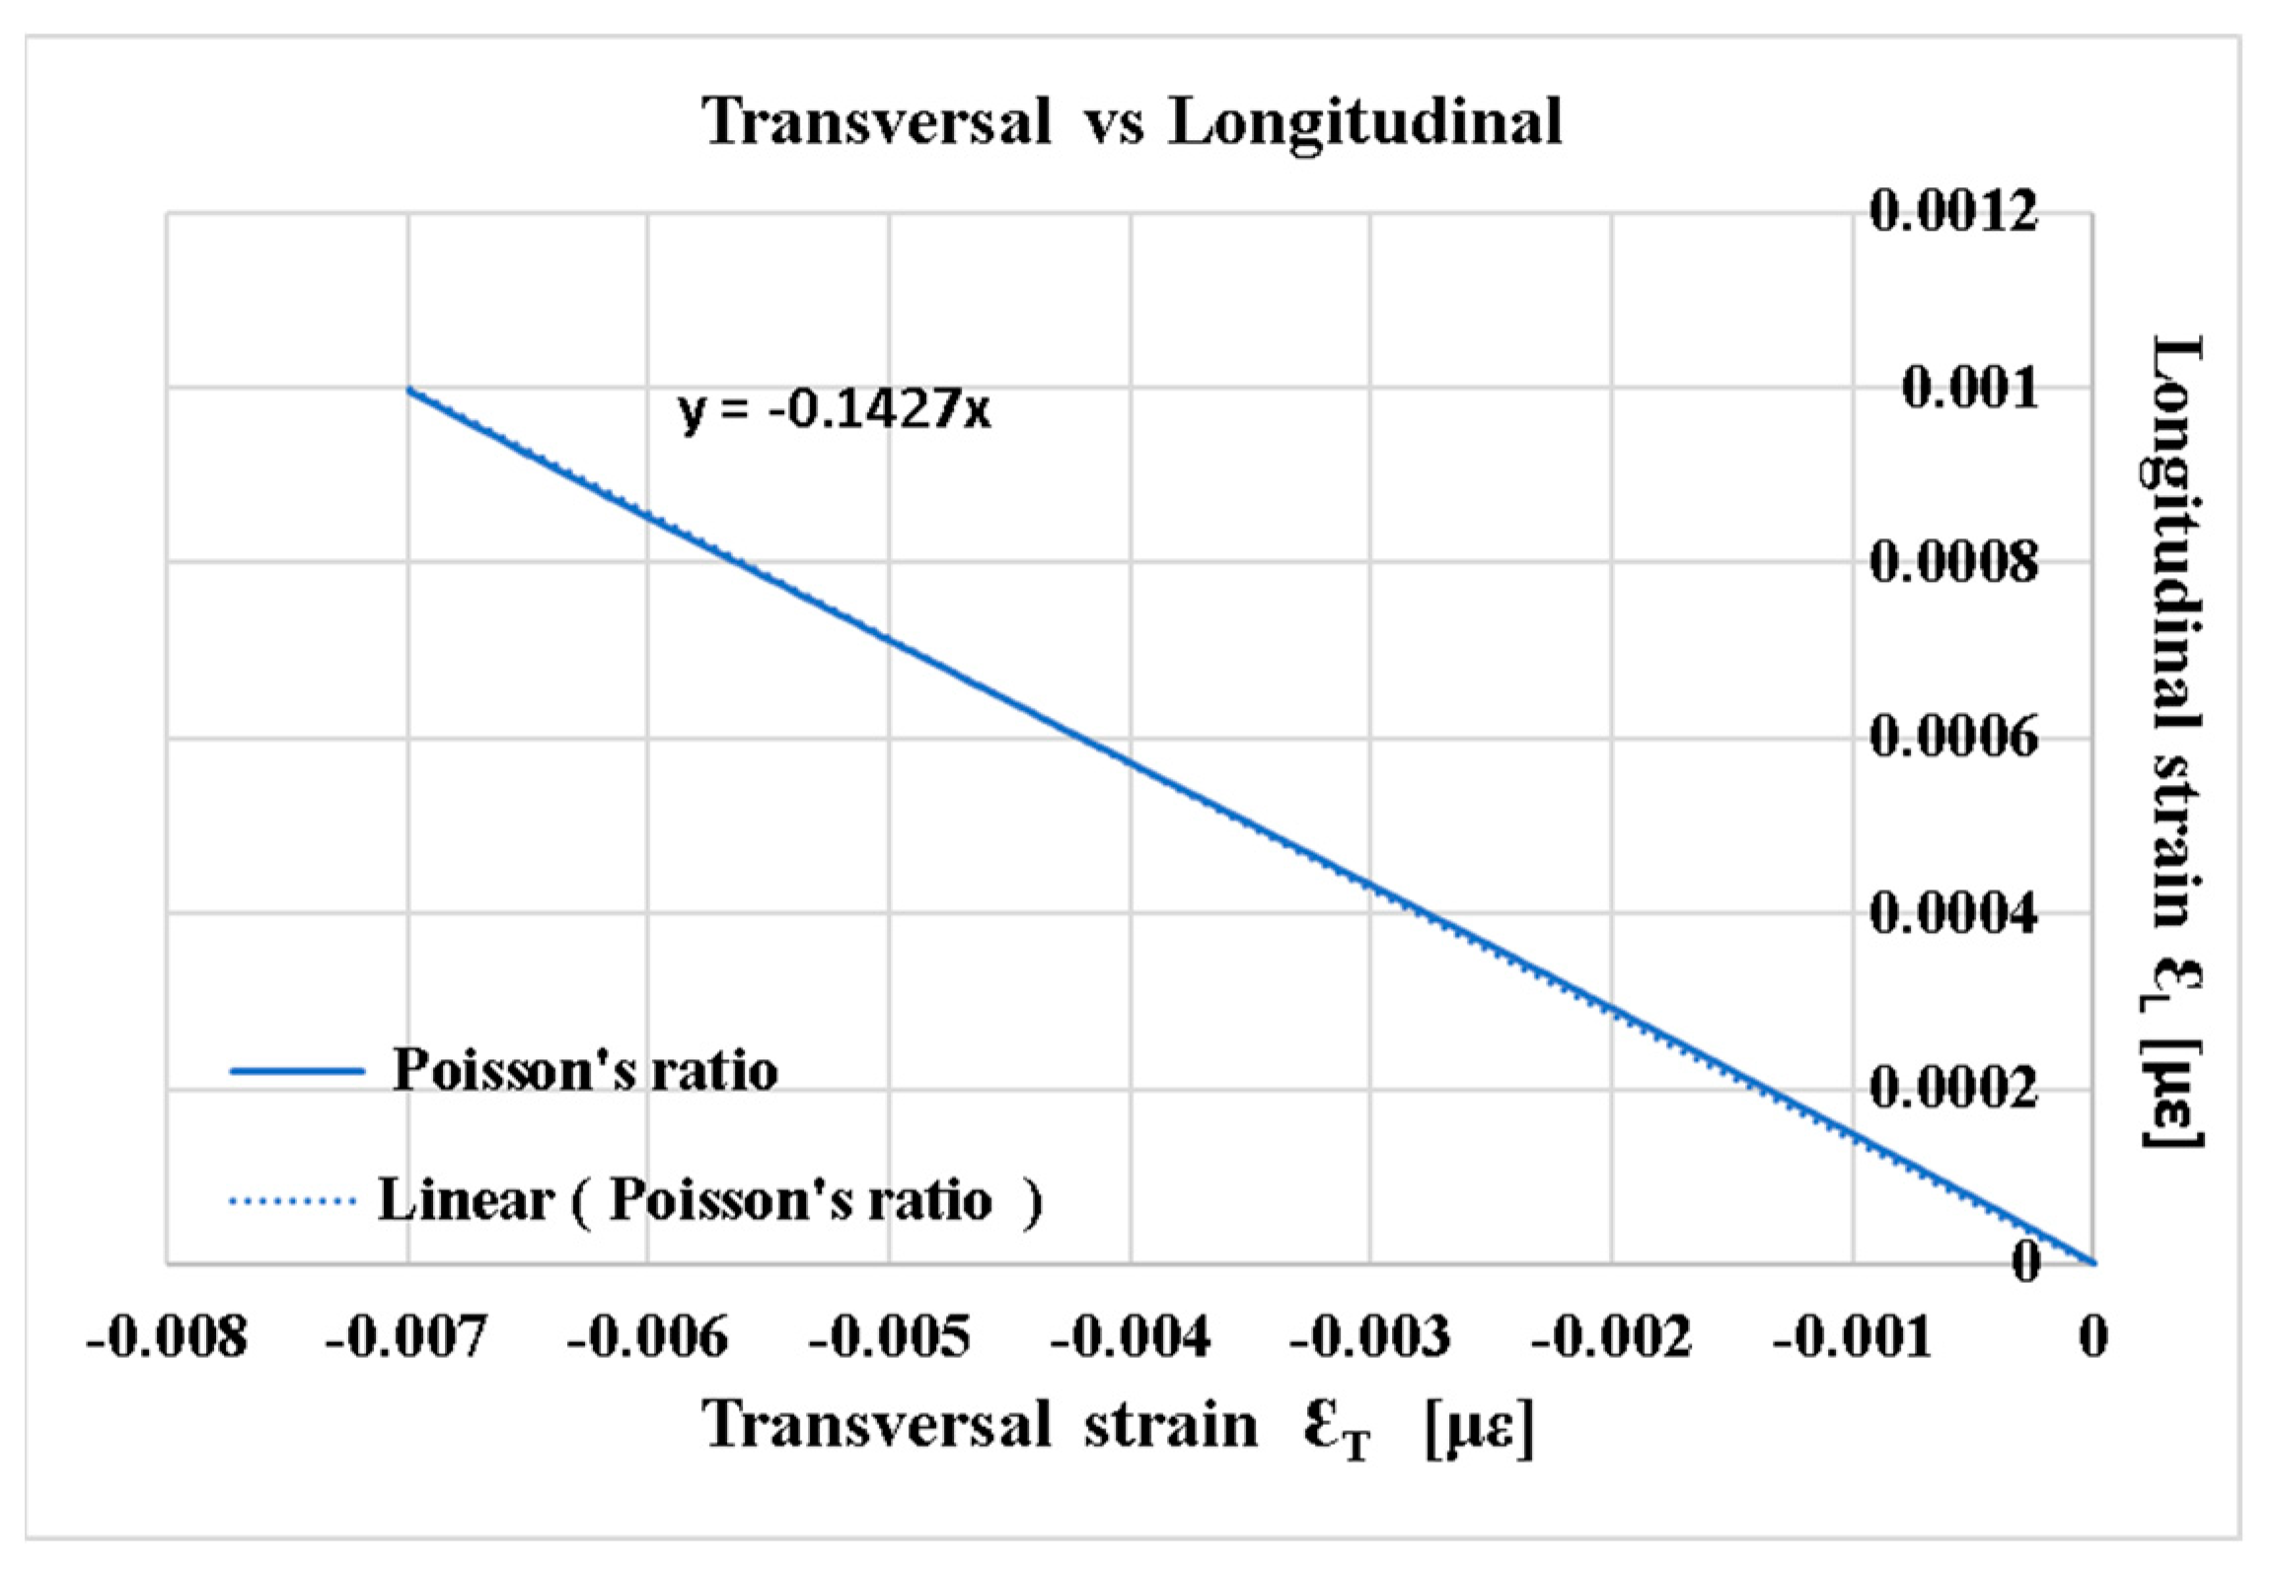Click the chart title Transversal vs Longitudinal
[x=1132, y=122]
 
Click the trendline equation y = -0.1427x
[x=835, y=408]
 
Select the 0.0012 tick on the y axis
[x=1952, y=211]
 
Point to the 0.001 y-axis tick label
[x=1969, y=388]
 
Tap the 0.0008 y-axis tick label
[x=1952, y=563]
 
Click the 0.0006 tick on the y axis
[x=1952, y=739]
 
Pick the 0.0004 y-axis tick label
[x=1952, y=914]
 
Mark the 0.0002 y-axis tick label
[x=1952, y=1090]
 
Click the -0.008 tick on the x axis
[x=166, y=1338]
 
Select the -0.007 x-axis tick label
[x=406, y=1338]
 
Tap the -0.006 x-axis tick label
[x=647, y=1338]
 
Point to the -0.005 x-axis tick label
[x=889, y=1338]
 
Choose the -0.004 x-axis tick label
[x=1130, y=1338]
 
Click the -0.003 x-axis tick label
[x=1370, y=1338]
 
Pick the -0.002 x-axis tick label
[x=1611, y=1338]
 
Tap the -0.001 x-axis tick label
[x=1852, y=1338]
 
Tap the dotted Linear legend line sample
[x=292, y=1201]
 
